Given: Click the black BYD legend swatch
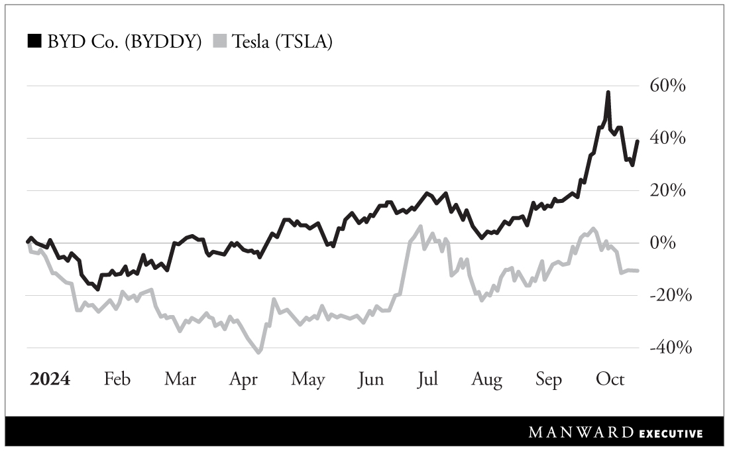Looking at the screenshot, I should [34, 42].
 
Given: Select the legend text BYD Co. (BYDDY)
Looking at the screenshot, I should [124, 42].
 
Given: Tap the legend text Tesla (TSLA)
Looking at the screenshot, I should [284, 42].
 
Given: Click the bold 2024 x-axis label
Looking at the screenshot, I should [50, 379].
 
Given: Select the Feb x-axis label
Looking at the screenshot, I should [117, 379].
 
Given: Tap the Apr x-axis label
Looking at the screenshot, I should [243, 379].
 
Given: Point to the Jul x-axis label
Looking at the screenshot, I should [427, 379].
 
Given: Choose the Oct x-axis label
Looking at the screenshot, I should [610, 379].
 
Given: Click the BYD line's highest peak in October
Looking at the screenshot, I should [608, 93].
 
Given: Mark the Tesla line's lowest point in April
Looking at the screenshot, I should [259, 352].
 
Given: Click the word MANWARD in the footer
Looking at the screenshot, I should [582, 433].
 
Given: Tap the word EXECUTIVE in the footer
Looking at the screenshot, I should [671, 434].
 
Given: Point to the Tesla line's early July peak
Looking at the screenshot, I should [420, 227].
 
